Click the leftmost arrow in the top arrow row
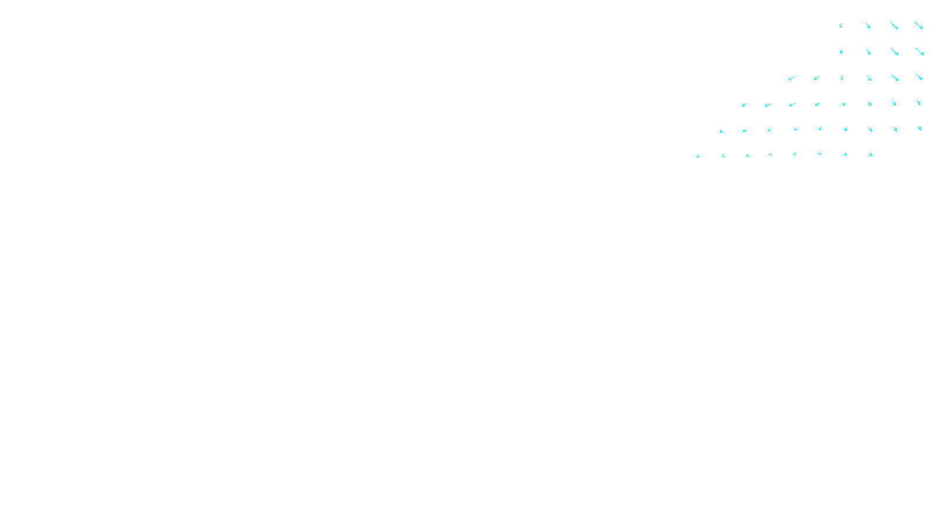841,26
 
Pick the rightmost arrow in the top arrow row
919,26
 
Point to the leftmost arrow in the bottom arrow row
698,156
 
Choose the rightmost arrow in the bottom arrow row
870,154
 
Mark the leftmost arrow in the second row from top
841,52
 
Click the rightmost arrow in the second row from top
919,51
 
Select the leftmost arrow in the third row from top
791,78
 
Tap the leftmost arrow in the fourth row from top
744,105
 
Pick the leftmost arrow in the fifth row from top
721,131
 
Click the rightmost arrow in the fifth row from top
920,128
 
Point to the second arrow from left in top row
867,26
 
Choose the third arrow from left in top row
894,26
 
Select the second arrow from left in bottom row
723,155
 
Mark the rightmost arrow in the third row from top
919,77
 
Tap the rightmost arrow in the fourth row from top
919,102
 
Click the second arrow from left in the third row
816,78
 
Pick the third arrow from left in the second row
894,52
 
